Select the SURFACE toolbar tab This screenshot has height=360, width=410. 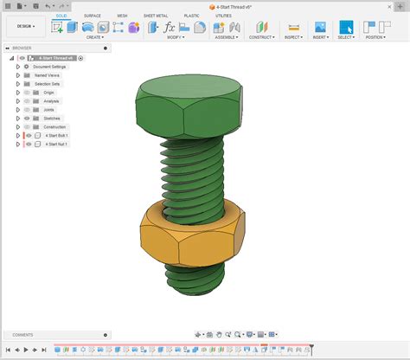click(92, 16)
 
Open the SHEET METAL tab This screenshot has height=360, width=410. click(155, 16)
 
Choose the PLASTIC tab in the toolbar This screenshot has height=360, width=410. click(191, 16)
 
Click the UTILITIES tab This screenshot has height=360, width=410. click(224, 16)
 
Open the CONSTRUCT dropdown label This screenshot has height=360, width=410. click(261, 37)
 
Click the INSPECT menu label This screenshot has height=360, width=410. click(292, 37)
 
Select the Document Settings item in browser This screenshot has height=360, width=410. click(49, 67)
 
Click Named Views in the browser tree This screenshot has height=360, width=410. click(47, 75)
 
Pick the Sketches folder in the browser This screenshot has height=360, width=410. click(52, 119)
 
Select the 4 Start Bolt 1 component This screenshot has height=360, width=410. click(57, 136)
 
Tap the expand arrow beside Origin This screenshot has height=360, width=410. click(17, 93)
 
